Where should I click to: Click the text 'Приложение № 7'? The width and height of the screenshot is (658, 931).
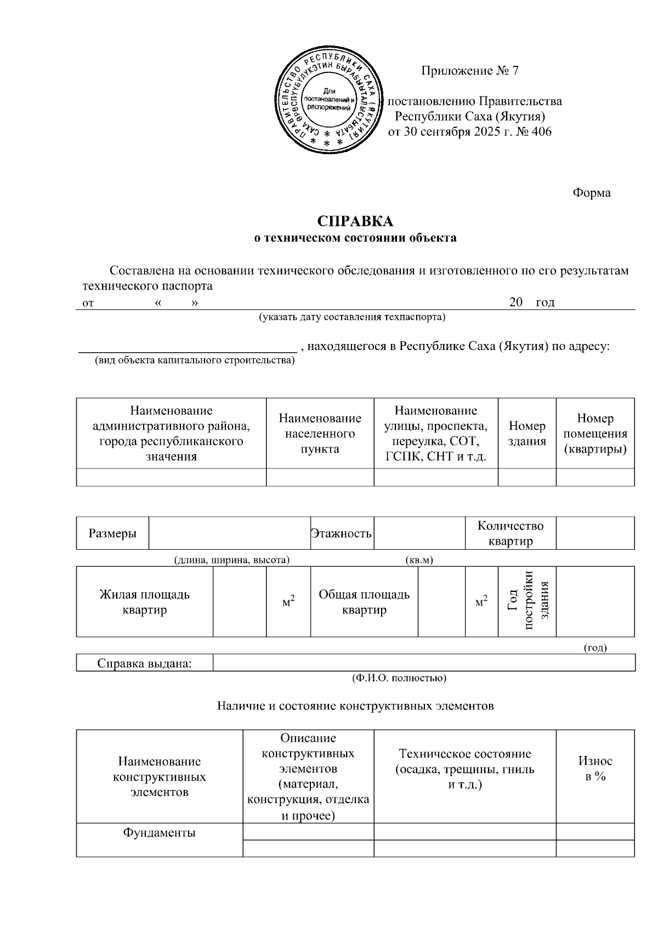[469, 71]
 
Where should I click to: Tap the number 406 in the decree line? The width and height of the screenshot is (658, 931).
[541, 132]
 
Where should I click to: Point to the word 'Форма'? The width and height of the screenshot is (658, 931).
[592, 193]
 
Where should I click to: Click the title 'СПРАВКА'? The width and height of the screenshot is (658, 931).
[355, 222]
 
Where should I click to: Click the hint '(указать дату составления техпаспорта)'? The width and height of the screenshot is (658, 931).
[352, 317]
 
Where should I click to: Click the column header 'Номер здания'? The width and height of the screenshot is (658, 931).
[527, 433]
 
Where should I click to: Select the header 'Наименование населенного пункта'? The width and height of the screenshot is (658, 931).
[320, 433]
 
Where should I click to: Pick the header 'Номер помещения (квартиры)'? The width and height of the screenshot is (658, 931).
[595, 433]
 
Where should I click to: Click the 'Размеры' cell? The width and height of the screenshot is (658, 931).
[112, 533]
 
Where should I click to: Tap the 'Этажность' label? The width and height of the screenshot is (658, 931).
[342, 533]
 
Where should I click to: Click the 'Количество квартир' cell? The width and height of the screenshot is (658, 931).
[510, 533]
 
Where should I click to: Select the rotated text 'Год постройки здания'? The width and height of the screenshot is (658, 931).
[527, 602]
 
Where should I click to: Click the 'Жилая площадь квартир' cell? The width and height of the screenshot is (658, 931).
[144, 602]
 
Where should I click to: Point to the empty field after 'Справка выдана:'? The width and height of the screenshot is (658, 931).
[423, 663]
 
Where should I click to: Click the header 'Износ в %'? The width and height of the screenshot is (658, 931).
[595, 768]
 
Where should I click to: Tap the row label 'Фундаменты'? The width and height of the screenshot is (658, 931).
[159, 832]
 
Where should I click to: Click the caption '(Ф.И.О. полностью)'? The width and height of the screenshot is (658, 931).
[399, 678]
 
